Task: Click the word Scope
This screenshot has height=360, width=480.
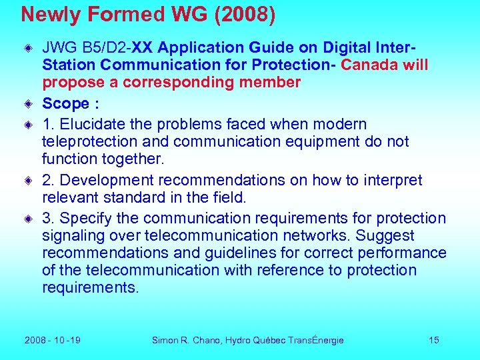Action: pyautogui.click(x=65, y=103)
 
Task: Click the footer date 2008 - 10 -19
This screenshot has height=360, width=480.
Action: pyautogui.click(x=53, y=340)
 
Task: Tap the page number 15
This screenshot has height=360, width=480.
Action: pyautogui.click(x=434, y=340)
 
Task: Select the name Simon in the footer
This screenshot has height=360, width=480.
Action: pyautogui.click(x=166, y=340)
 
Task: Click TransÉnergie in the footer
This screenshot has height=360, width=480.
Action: pyautogui.click(x=316, y=340)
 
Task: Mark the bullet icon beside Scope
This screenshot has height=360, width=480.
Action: pyautogui.click(x=29, y=104)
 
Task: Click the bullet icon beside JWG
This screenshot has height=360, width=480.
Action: pyautogui.click(x=29, y=49)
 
